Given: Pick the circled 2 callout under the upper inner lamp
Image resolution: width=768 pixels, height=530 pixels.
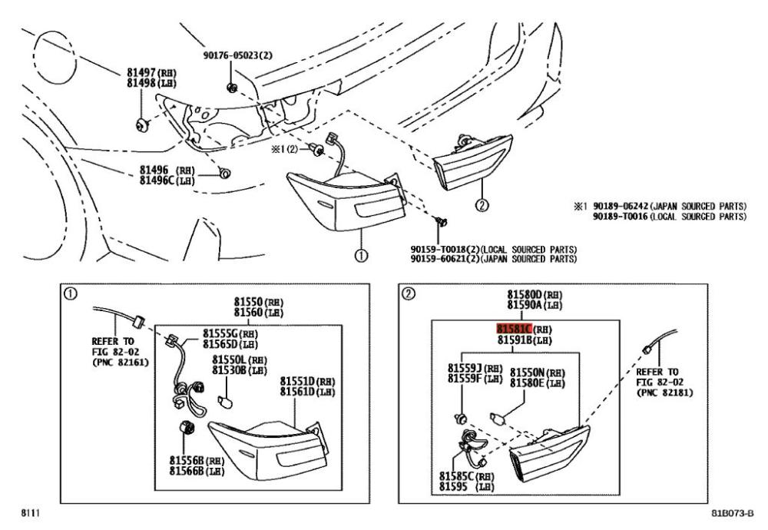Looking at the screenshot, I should pos(482,204).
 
